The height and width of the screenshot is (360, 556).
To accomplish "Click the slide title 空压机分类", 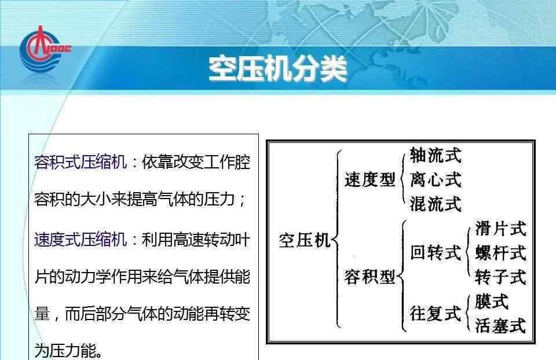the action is pyautogui.click(x=277, y=69).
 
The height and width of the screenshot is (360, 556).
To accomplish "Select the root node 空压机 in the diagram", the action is pyautogui.click(x=304, y=240).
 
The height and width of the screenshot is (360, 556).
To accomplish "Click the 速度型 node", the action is pyautogui.click(x=370, y=179).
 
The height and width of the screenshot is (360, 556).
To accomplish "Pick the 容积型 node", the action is pyautogui.click(x=370, y=277).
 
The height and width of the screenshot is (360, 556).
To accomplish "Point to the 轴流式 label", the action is pyautogui.click(x=436, y=155).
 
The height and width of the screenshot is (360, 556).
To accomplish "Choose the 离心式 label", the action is pyautogui.click(x=436, y=179).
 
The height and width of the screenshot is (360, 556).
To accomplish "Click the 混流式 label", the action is pyautogui.click(x=436, y=204).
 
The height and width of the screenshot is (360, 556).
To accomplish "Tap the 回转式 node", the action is pyautogui.click(x=436, y=253).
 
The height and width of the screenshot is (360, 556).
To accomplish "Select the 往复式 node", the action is pyautogui.click(x=436, y=314).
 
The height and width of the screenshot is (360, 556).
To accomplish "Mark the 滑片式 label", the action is pyautogui.click(x=500, y=229).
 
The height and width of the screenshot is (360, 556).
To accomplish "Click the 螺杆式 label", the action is pyautogui.click(x=500, y=253).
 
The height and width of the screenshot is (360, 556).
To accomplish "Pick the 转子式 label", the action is pyautogui.click(x=500, y=277).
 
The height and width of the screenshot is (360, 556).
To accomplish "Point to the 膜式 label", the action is pyautogui.click(x=492, y=302).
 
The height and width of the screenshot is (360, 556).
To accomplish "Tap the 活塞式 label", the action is pyautogui.click(x=500, y=326).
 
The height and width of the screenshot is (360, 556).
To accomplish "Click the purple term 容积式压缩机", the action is pyautogui.click(x=81, y=162).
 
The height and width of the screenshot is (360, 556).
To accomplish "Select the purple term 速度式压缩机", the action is pyautogui.click(x=81, y=240).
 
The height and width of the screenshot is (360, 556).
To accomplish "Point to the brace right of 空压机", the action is pyautogui.click(x=335, y=239).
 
